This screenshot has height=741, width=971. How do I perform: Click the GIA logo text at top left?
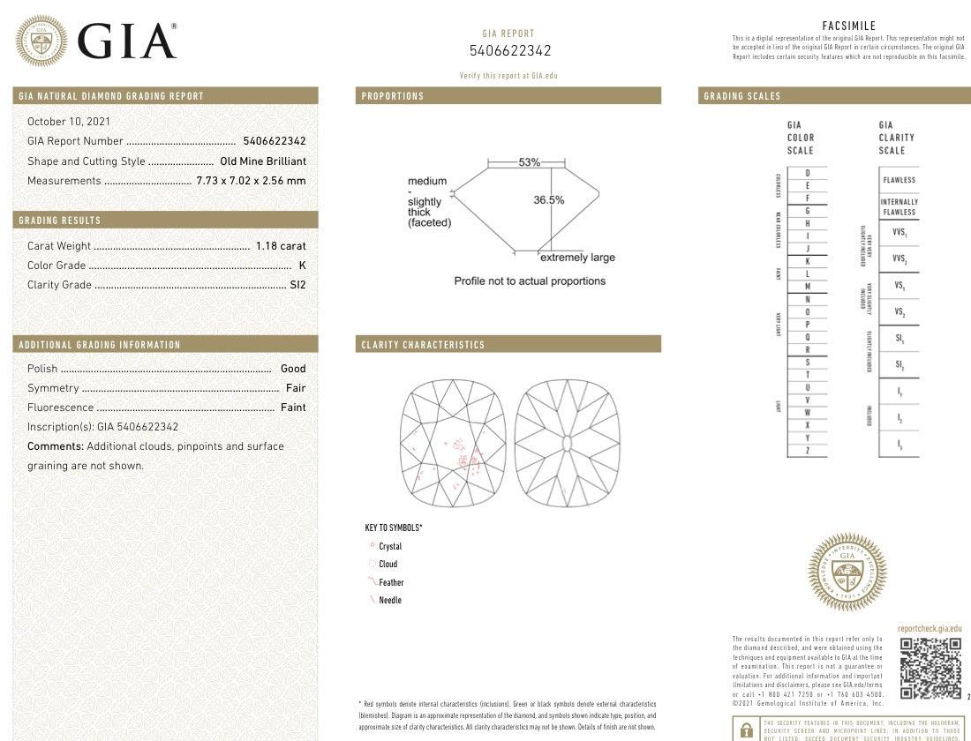pos(127,41)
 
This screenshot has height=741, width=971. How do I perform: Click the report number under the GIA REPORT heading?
pos(510,51)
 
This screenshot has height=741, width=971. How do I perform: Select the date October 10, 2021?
pos(69,122)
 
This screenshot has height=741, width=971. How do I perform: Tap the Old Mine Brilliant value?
pos(263,161)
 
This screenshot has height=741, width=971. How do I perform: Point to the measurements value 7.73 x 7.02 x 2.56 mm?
pos(251,181)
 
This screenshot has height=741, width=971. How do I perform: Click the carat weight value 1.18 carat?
pos(281,246)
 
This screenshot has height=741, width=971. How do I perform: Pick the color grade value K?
pos(302,266)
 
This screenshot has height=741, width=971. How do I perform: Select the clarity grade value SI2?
pos(297,285)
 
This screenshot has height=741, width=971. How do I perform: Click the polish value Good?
pos(293,369)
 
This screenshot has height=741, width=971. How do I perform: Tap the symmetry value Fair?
pos(296,388)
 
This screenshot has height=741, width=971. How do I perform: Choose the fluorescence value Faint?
pos(293,408)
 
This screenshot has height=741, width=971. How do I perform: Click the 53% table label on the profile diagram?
pos(530,162)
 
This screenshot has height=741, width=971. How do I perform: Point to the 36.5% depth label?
pos(548,200)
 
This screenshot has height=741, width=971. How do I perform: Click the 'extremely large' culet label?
pos(577,258)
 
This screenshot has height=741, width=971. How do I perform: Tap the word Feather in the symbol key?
pos(391,582)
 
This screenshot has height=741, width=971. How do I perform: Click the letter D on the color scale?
pos(808,173)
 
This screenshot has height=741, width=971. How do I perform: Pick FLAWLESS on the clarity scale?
pos(899,180)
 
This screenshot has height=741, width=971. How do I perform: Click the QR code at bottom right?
pos(930,667)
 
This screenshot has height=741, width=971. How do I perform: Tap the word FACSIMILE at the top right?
pos(848,26)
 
